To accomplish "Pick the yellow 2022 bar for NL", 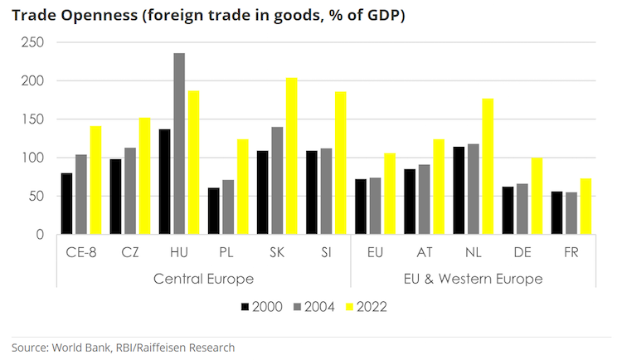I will tap(488, 166).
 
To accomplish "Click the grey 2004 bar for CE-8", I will tap(81, 194).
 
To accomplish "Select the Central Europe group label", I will tap(203, 278).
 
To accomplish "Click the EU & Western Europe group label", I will tap(474, 278).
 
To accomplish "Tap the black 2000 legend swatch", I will tap(245, 306).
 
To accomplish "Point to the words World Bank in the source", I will tap(82, 347).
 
